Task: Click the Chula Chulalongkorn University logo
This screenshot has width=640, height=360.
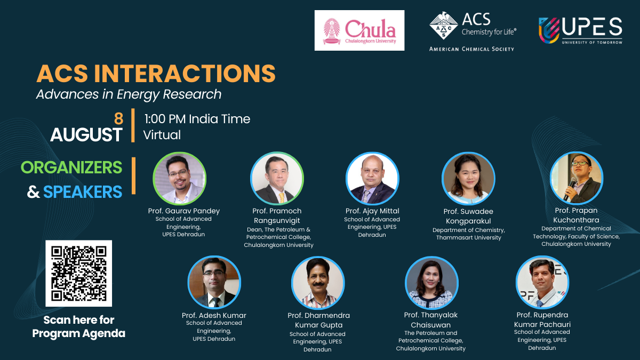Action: (x=359, y=30)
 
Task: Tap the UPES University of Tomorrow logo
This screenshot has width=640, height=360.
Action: (x=580, y=30)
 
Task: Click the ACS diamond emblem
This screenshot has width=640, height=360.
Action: (x=443, y=26)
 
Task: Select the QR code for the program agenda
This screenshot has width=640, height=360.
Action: (x=78, y=274)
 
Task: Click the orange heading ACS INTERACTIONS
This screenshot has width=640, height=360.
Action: (x=156, y=74)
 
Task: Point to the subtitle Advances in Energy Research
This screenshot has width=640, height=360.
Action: (x=129, y=94)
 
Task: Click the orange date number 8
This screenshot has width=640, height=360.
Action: (x=118, y=118)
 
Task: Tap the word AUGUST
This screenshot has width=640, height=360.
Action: (x=86, y=134)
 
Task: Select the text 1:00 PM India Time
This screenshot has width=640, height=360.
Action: (x=197, y=119)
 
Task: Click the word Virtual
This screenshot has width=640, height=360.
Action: (x=162, y=135)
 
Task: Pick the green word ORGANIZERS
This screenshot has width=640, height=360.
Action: (x=71, y=167)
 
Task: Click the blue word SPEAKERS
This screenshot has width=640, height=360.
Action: (x=83, y=191)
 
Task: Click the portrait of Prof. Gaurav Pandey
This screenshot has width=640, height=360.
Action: (x=179, y=179)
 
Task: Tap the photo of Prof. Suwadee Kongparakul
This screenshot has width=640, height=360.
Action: (x=468, y=179)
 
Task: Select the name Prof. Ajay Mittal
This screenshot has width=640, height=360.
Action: (x=372, y=211)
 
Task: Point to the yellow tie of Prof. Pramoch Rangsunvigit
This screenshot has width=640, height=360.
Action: (x=282, y=198)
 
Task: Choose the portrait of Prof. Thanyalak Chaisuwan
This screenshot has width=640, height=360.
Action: (x=431, y=283)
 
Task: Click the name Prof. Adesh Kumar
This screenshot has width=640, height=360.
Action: (x=214, y=315)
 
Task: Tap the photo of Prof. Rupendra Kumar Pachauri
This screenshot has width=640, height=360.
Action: (x=542, y=282)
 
